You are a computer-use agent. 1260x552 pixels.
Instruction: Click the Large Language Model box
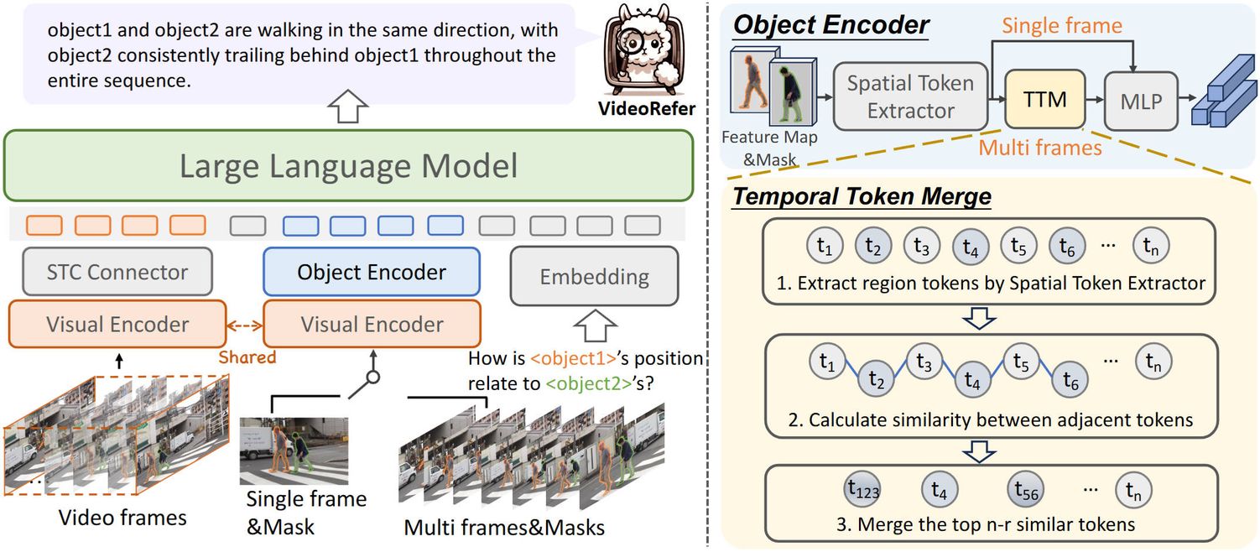pyautogui.click(x=349, y=165)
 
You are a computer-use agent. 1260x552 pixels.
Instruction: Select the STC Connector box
pyautogui.click(x=118, y=272)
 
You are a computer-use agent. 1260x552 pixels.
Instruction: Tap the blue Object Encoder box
pyautogui.click(x=372, y=272)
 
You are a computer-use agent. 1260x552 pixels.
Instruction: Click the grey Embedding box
pyautogui.click(x=594, y=276)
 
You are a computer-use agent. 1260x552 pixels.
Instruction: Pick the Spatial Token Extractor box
pyautogui.click(x=909, y=96)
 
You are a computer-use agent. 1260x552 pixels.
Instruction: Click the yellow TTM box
pyautogui.click(x=1044, y=100)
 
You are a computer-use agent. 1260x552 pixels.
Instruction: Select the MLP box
pyautogui.click(x=1141, y=102)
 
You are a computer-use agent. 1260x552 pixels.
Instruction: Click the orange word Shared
pyautogui.click(x=247, y=357)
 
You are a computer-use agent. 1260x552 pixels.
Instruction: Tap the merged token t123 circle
pyautogui.click(x=863, y=491)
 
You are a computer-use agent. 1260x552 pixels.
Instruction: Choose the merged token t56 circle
pyautogui.click(x=1030, y=491)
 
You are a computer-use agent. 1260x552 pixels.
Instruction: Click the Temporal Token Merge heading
pyautogui.click(x=862, y=198)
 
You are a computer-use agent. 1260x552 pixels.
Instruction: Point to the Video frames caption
pyautogui.click(x=122, y=518)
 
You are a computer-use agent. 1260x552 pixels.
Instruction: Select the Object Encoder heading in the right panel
pyautogui.click(x=830, y=24)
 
